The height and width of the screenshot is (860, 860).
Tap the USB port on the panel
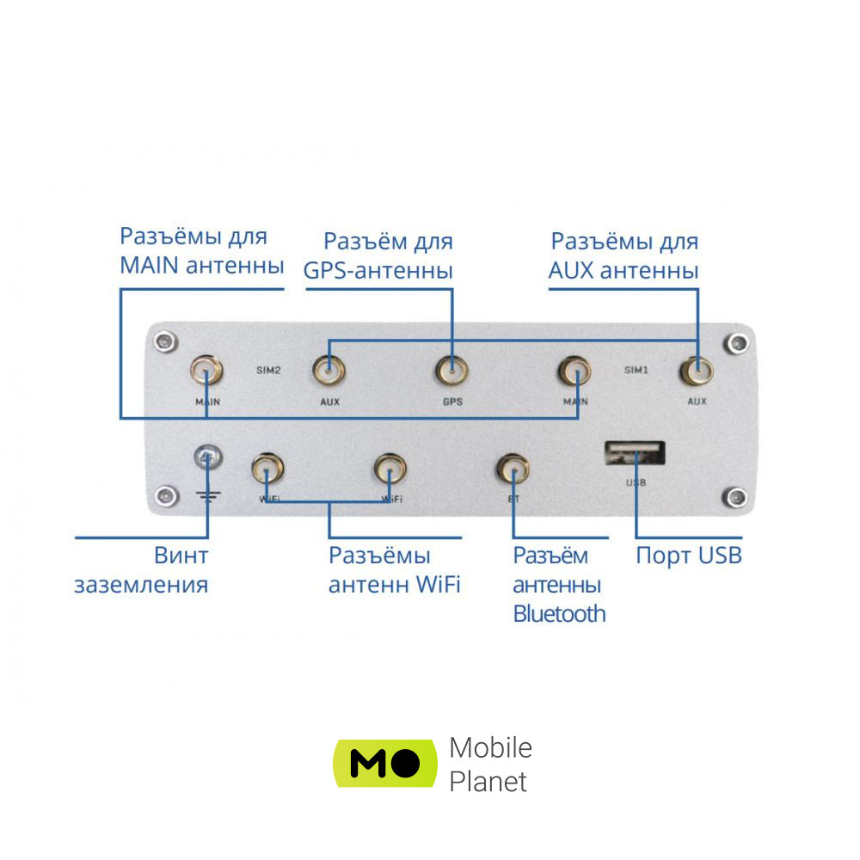click(x=636, y=453)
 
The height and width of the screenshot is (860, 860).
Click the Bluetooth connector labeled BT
click(x=513, y=469)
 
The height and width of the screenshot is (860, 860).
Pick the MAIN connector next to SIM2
click(x=206, y=372)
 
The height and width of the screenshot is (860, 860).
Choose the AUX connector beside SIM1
click(x=697, y=372)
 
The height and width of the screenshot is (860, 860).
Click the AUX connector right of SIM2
click(x=329, y=372)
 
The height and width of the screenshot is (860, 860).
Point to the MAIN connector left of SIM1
click(x=574, y=372)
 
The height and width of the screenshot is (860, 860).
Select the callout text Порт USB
click(x=688, y=556)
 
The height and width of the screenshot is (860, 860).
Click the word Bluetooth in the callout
click(x=559, y=614)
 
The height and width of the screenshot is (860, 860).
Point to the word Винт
click(x=181, y=556)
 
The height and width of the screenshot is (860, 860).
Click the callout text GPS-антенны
click(x=378, y=271)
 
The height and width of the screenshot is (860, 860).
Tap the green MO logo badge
click(x=384, y=762)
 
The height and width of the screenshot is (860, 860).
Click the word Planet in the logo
click(x=488, y=782)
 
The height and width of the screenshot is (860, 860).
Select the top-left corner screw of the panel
click(x=162, y=342)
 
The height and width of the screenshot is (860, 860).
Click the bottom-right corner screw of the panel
click(x=734, y=496)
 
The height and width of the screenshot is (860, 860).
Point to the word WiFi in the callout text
click(x=439, y=585)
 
